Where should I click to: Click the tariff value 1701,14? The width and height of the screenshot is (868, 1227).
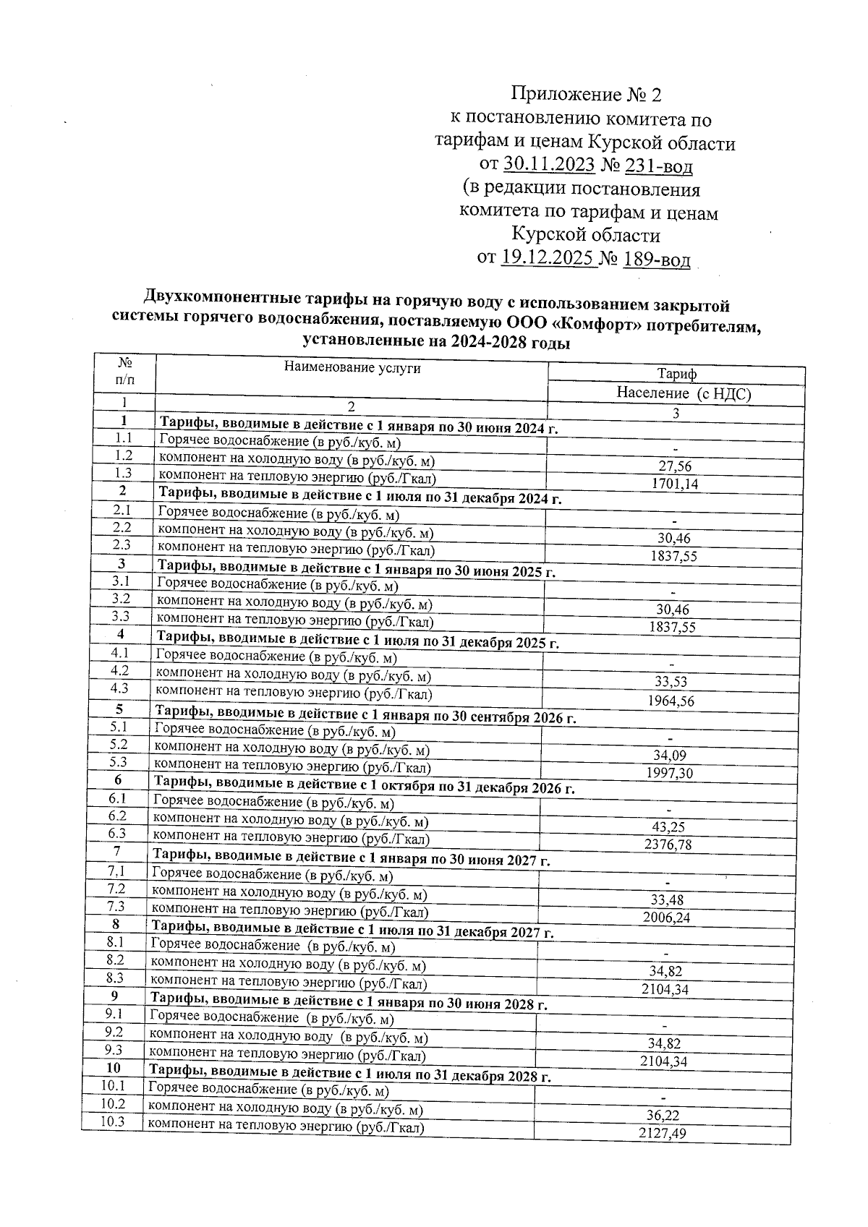[x=674, y=484]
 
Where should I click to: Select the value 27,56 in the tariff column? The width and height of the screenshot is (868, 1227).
[x=674, y=467]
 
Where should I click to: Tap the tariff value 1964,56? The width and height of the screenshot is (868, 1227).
[x=671, y=701]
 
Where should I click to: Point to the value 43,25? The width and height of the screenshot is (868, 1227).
[x=668, y=827]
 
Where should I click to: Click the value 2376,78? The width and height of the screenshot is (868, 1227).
[x=668, y=845]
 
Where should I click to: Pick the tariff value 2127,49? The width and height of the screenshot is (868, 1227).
[x=663, y=1134]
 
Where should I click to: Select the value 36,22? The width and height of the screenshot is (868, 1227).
[x=663, y=1116]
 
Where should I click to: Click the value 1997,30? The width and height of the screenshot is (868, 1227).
[x=669, y=773]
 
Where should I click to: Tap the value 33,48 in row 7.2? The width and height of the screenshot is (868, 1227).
[x=666, y=900]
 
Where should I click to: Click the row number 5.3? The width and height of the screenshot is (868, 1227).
[x=118, y=762]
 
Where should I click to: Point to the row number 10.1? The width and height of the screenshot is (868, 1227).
[x=113, y=1086]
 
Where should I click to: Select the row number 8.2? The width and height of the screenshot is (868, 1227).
[x=115, y=960]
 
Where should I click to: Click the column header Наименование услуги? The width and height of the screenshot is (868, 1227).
[x=352, y=367]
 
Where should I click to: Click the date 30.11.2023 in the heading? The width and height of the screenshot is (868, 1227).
[x=549, y=166]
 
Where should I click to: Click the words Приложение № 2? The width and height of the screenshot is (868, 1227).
[x=586, y=94]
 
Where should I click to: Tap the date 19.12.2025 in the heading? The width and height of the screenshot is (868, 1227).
[x=548, y=258]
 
